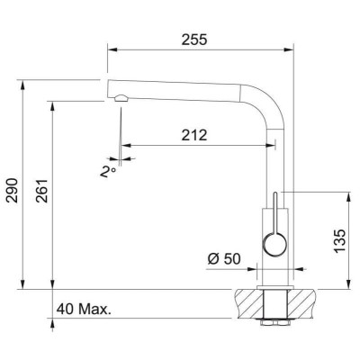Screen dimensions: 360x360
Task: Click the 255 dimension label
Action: (194, 40)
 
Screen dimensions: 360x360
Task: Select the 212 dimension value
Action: (194, 135)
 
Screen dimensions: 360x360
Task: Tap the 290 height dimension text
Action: (13, 190)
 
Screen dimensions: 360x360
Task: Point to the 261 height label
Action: (42, 191)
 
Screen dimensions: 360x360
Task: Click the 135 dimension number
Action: (339, 241)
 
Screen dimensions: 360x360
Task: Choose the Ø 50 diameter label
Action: (224, 259)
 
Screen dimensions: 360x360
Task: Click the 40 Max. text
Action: (84, 309)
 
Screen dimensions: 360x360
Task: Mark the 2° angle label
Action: (108, 172)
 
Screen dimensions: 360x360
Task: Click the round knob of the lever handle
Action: (274, 245)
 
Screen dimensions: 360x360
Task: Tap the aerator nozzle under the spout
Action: (121, 98)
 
